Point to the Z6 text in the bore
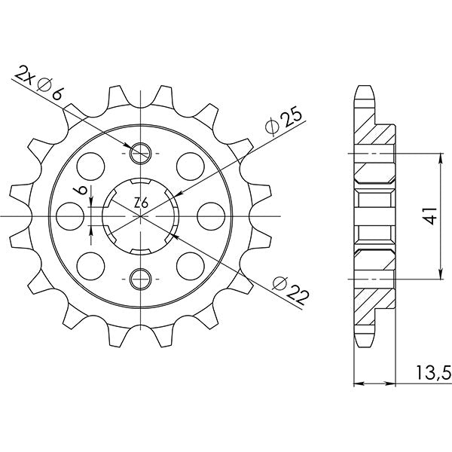(141, 203)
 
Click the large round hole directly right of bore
(209, 216)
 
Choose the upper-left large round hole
(93, 165)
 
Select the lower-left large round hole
(93, 267)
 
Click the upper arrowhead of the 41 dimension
(441, 158)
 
